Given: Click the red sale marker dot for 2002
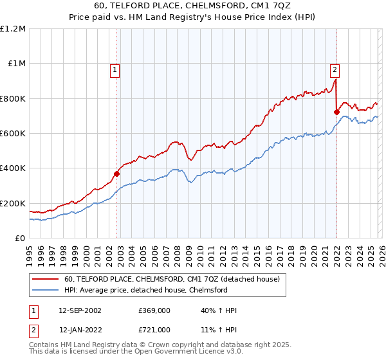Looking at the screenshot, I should [117, 174].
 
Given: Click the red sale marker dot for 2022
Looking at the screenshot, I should [336, 112].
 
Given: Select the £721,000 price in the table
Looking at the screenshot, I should [155, 329].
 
